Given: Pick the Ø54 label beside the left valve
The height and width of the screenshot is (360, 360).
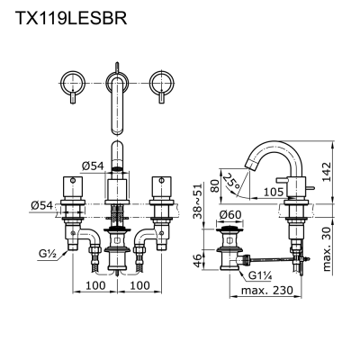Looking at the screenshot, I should point(42,205).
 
